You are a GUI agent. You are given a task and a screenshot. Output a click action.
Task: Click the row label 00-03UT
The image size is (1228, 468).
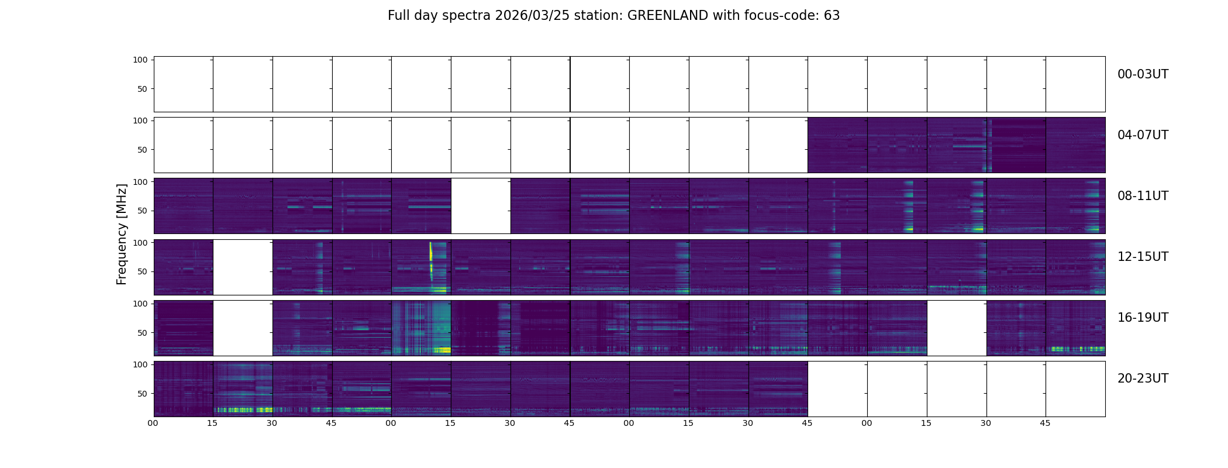(x=1143, y=74)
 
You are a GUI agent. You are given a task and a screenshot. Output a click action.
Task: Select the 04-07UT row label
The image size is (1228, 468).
(x=1143, y=135)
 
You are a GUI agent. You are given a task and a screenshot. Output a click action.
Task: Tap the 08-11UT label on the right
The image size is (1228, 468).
(x=1143, y=196)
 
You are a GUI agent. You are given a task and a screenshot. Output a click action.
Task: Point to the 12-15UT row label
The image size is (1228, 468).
(x=1143, y=257)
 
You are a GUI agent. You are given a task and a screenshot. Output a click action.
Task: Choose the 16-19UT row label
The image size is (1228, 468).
(x=1143, y=318)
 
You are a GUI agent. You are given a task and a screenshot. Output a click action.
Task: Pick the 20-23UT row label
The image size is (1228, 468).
(x=1143, y=378)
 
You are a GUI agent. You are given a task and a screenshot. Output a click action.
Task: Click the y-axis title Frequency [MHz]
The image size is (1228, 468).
(x=122, y=234)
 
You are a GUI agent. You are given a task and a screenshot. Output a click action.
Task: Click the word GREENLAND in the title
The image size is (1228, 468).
(x=668, y=16)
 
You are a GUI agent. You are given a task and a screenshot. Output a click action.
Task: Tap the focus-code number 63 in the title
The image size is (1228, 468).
(x=832, y=16)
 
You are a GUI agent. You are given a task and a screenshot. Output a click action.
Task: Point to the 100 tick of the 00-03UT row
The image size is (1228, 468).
(x=140, y=60)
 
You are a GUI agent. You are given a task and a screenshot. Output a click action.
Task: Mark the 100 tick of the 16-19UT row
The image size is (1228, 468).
(x=140, y=304)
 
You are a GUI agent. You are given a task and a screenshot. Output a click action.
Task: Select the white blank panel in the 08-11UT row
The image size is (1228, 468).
(x=481, y=206)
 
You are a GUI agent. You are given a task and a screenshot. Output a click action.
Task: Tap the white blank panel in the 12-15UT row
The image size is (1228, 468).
(x=243, y=267)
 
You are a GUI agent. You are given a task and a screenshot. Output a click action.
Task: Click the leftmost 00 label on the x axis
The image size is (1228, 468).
(x=153, y=423)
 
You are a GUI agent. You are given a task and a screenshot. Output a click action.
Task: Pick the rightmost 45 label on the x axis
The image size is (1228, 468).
(x=1046, y=423)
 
